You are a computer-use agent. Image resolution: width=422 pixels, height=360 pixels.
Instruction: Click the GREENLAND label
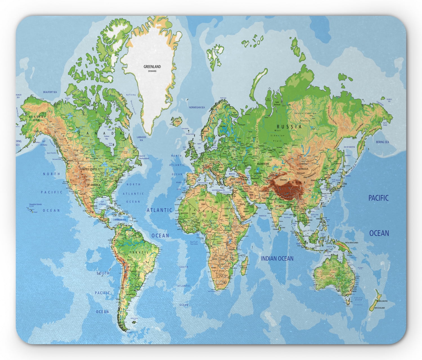pos(152,67)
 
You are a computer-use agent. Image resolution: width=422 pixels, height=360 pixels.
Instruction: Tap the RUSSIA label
pos(289,127)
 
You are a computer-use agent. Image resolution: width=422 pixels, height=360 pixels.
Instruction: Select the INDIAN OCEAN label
pos(277,258)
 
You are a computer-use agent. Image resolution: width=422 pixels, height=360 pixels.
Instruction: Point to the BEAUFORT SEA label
pos(50,92)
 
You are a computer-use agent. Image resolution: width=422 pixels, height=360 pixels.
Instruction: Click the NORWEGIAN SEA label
pos(197,107)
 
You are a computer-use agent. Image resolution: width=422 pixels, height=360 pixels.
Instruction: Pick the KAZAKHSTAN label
pos(263,163)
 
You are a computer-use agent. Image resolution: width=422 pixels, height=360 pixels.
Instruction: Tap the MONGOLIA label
pos(303,169)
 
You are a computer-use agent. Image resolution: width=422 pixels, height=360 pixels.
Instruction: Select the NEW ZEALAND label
pos(379,308)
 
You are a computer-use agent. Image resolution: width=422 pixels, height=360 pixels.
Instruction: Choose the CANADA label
pos(101,133)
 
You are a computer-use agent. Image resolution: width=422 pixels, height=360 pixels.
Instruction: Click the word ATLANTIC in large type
pos(159,210)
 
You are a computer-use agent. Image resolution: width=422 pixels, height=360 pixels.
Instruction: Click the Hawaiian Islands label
pos(35,205)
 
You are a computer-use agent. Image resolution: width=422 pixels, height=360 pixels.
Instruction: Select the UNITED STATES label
pos(89,169)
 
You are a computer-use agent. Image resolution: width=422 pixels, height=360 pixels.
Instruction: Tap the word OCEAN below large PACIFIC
pos(379,233)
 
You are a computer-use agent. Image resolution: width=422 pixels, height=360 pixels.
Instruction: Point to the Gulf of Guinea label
pos(194,243)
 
